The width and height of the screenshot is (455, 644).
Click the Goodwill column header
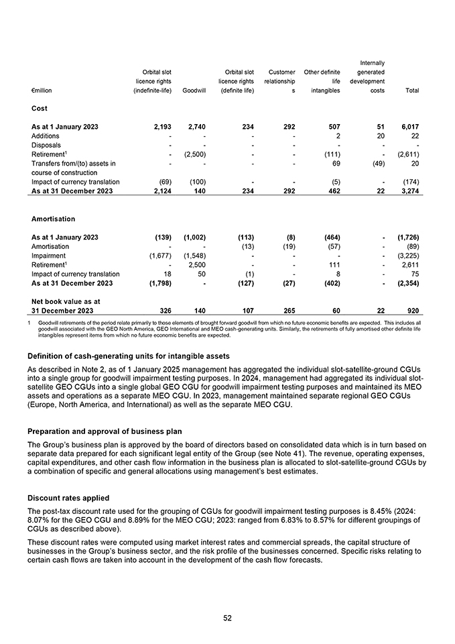click(x=194, y=91)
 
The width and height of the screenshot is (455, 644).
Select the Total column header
click(x=412, y=91)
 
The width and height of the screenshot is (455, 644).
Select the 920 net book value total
click(x=412, y=311)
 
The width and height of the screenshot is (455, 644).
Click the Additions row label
click(x=46, y=136)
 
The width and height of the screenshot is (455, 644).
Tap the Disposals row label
click(x=46, y=145)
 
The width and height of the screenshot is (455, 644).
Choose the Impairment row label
click(x=48, y=255)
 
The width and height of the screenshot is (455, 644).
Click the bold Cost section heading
click(x=40, y=108)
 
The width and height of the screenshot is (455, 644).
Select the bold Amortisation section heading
click(x=53, y=219)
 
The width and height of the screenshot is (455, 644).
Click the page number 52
click(x=227, y=617)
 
